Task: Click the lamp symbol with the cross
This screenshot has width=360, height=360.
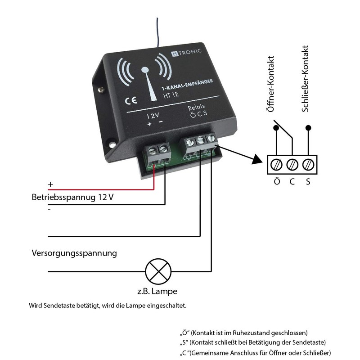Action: (158, 271)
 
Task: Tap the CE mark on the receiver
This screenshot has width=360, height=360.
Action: (129, 100)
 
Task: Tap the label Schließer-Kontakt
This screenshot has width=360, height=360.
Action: (306, 78)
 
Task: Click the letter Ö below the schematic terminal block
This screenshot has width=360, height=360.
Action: (277, 182)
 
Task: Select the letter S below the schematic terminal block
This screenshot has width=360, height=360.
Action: (308, 182)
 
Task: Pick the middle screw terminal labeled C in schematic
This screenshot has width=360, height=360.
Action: (292, 164)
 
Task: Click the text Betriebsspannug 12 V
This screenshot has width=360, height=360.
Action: (73, 198)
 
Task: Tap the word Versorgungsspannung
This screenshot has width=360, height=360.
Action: (74, 253)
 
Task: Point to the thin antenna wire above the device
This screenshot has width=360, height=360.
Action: (157, 31)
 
